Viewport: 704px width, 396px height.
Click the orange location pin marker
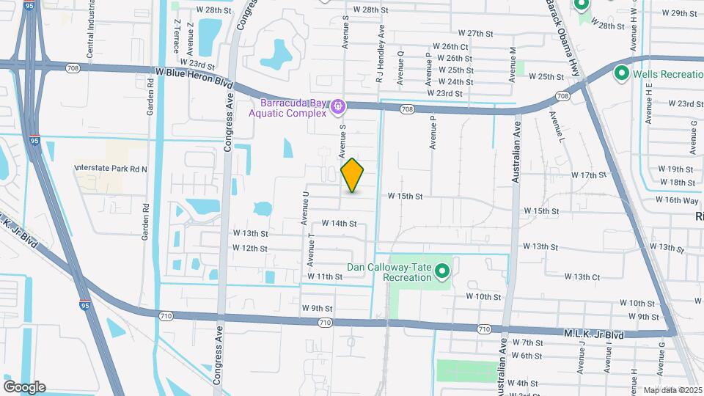[353, 175]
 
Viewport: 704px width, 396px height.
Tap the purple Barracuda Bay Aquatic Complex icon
[337, 107]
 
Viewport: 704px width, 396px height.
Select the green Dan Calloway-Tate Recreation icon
[442, 273]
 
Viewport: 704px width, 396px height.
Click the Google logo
[24, 387]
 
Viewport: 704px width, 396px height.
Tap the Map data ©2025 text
[672, 390]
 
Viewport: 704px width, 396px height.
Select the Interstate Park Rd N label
[111, 169]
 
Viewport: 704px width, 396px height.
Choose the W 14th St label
[339, 224]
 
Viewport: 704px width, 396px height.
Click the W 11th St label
[325, 276]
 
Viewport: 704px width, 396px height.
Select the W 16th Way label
[677, 200]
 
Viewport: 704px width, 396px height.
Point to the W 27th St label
[475, 34]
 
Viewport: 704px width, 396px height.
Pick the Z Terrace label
[176, 34]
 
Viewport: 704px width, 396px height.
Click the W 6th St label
[527, 356]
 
